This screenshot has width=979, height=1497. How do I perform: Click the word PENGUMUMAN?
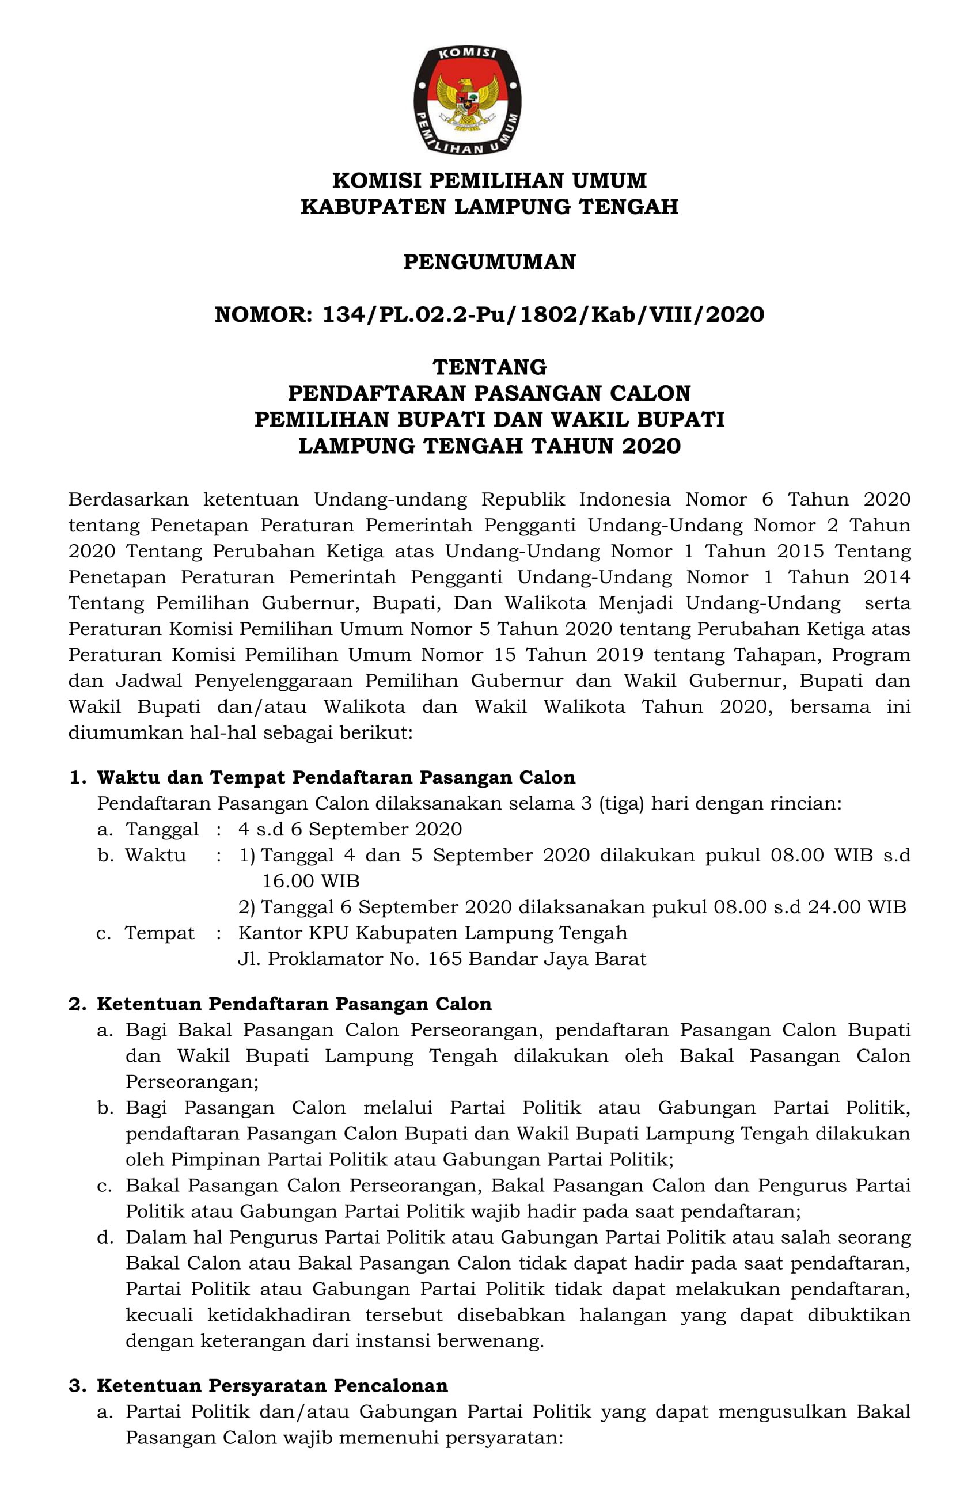(x=489, y=263)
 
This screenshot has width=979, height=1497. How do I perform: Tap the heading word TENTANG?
(x=489, y=367)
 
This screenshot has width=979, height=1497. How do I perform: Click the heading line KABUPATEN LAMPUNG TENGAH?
(x=489, y=207)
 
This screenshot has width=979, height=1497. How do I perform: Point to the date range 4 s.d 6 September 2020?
(x=350, y=829)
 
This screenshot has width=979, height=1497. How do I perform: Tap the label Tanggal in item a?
(x=162, y=829)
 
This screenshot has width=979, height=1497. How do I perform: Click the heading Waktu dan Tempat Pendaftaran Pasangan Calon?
(x=336, y=777)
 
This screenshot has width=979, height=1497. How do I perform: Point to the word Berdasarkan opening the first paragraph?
(x=128, y=499)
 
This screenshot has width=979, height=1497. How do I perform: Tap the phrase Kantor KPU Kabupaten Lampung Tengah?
(x=432, y=933)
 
